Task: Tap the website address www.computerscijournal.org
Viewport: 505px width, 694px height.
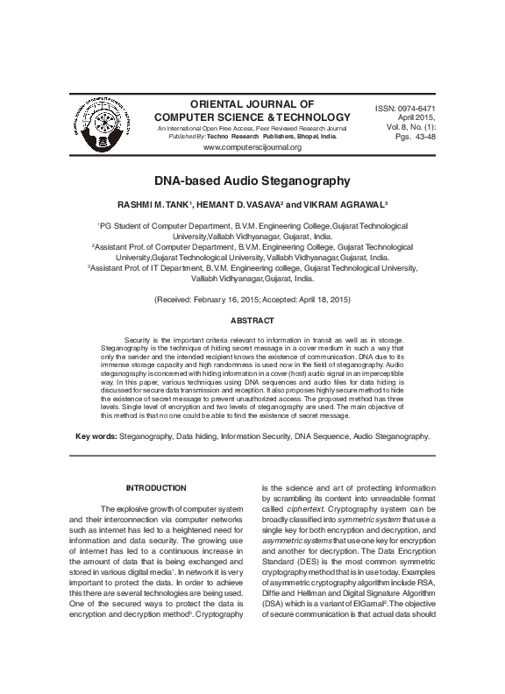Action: pos(252,147)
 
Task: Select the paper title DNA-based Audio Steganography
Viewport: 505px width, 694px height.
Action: pos(252,181)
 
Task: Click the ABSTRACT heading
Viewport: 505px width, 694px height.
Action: pos(252,322)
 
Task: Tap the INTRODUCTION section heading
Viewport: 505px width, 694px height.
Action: pos(156,487)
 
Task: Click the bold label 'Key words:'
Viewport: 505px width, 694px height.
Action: pos(96,436)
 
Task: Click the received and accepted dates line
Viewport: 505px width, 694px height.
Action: pos(252,300)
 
